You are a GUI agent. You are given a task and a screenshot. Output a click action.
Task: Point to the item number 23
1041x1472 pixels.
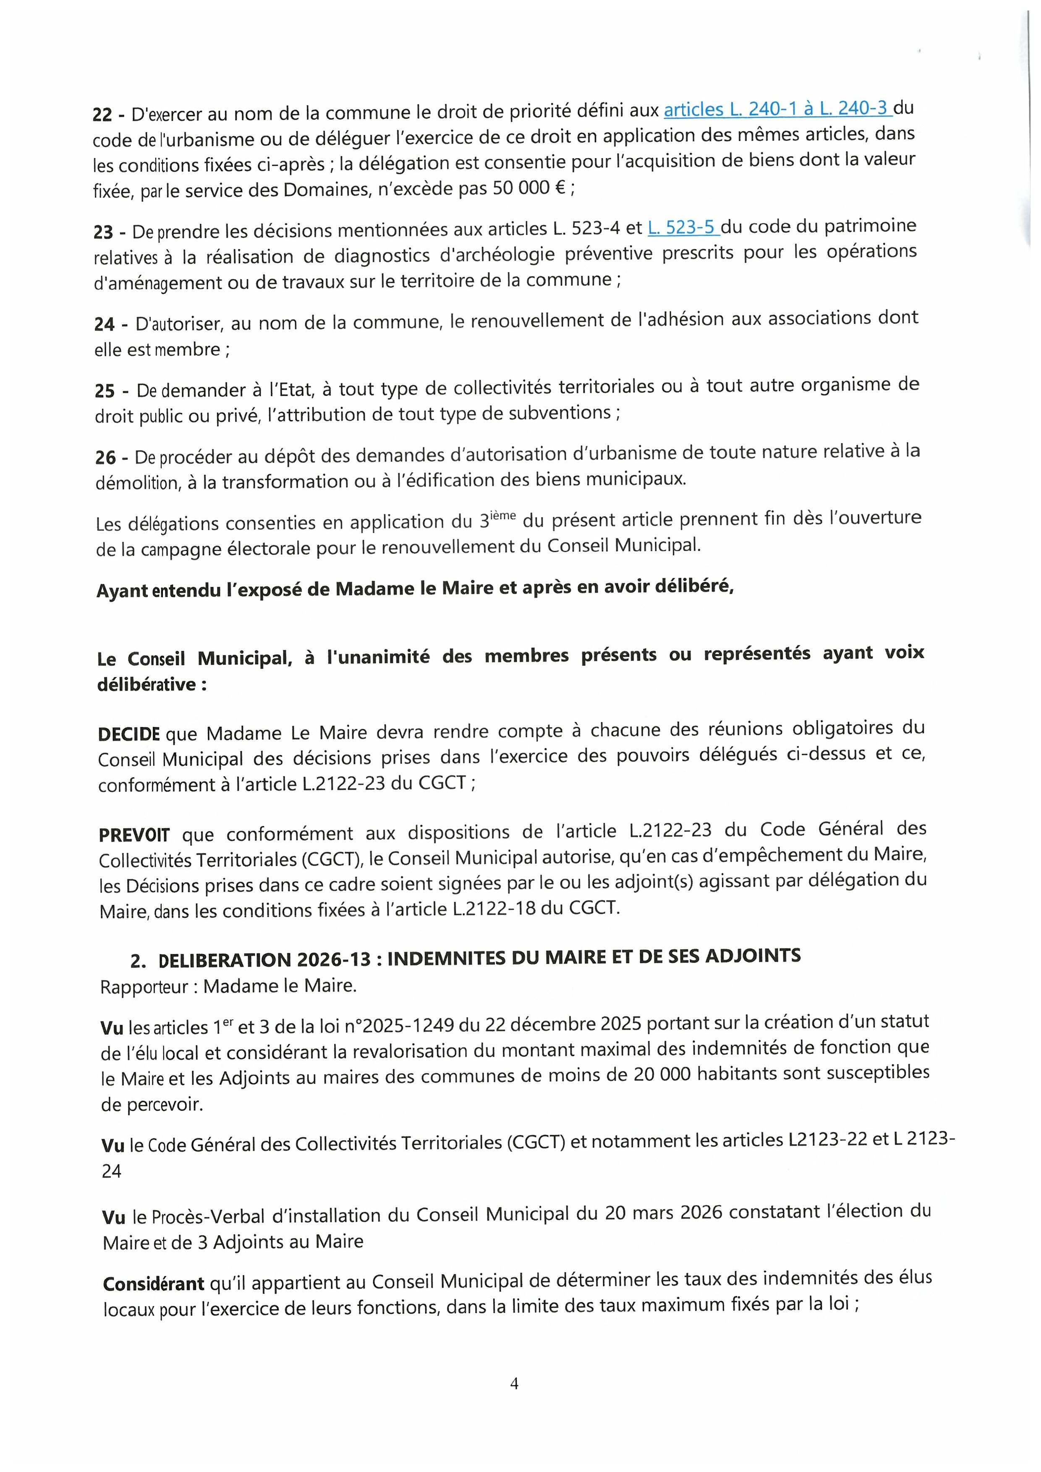click(x=103, y=232)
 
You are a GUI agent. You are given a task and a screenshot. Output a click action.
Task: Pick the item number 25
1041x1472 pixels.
click(x=105, y=391)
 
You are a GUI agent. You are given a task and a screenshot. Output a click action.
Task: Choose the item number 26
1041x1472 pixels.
click(x=105, y=458)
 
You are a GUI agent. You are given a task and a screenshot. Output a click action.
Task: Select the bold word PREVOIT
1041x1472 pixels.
click(x=134, y=836)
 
